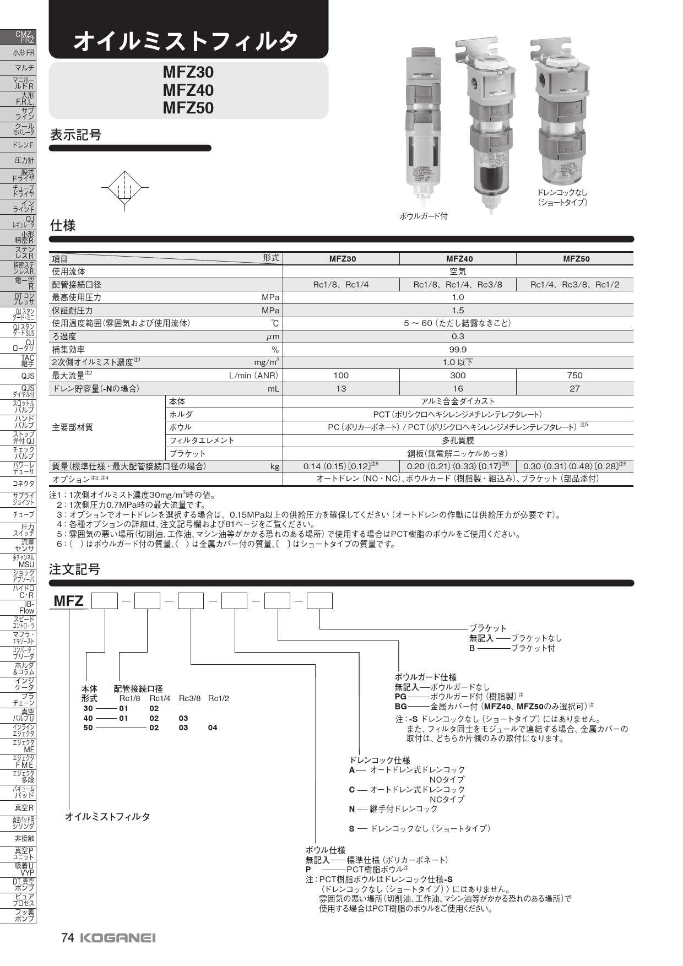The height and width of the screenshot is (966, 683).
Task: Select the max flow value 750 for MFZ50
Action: tap(574, 375)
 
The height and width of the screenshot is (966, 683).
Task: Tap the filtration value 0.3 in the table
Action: tap(458, 337)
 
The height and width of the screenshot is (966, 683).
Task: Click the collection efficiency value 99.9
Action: tap(458, 350)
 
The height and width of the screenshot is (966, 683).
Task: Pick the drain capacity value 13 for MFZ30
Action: tap(341, 388)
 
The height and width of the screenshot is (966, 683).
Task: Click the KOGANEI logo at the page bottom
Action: tap(118, 938)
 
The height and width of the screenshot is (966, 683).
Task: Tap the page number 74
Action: tap(67, 937)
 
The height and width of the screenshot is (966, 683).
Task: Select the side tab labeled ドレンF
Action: tap(23, 145)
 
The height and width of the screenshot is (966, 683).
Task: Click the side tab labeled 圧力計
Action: tap(24, 161)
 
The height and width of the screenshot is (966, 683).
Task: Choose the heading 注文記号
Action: tap(75, 569)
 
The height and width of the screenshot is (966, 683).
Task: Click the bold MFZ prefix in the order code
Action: tap(68, 601)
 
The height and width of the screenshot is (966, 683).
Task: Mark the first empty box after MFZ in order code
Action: tap(105, 601)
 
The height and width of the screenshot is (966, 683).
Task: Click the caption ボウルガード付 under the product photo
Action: tap(423, 216)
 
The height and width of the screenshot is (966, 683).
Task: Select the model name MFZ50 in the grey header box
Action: tap(188, 108)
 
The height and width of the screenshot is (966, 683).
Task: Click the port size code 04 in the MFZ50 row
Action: tap(213, 728)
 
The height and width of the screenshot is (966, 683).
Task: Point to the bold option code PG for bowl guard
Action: tap(400, 696)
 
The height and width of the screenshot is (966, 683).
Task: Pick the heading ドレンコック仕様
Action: tap(380, 760)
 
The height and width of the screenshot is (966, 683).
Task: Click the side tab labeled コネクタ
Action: tap(24, 484)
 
